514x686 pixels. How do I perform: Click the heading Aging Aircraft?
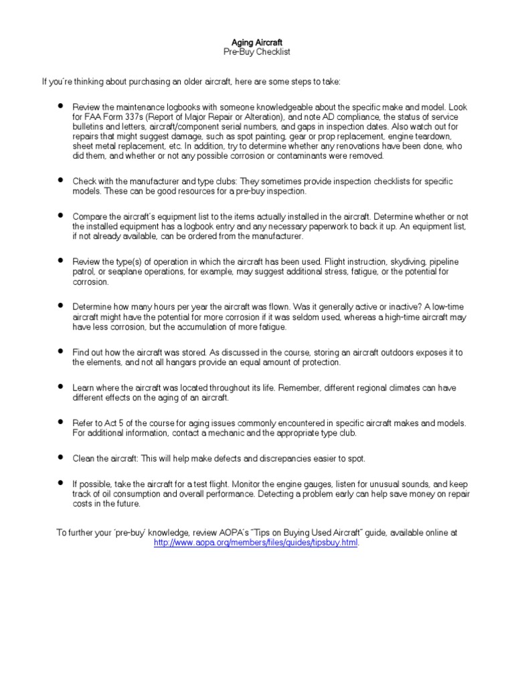pyautogui.click(x=257, y=42)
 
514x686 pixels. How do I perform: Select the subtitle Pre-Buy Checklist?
pyautogui.click(x=257, y=52)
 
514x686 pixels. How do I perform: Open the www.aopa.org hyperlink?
pyautogui.click(x=256, y=543)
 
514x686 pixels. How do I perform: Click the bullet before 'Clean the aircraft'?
pyautogui.click(x=60, y=458)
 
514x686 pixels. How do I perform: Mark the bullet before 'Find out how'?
pyautogui.click(x=60, y=351)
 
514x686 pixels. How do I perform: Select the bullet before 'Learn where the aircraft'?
pyautogui.click(x=60, y=387)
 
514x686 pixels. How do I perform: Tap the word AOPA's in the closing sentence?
pyautogui.click(x=242, y=533)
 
